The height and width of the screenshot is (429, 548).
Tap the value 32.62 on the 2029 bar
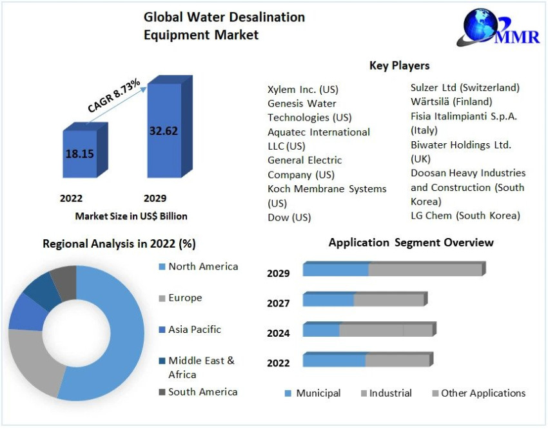click(163, 130)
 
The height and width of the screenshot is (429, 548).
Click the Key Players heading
click(399, 65)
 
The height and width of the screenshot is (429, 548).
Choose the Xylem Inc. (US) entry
click(303, 89)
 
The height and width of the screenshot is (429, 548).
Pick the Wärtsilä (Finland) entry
click(451, 101)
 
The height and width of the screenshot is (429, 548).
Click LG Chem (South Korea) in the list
click(465, 215)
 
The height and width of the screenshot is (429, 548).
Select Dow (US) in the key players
click(289, 217)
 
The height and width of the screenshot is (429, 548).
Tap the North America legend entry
click(202, 266)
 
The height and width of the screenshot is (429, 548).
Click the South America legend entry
click(202, 392)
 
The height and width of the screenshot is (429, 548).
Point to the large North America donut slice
click(119, 335)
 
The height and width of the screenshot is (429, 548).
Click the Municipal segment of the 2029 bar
click(335, 270)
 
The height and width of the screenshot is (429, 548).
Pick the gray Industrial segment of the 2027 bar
click(389, 300)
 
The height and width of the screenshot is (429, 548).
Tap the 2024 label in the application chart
click(279, 333)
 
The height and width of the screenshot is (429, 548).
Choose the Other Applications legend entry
click(482, 393)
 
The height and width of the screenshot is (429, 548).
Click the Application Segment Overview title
click(411, 243)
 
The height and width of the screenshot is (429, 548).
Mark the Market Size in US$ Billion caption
click(131, 216)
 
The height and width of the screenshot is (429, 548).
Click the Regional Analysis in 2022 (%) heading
click(119, 244)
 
